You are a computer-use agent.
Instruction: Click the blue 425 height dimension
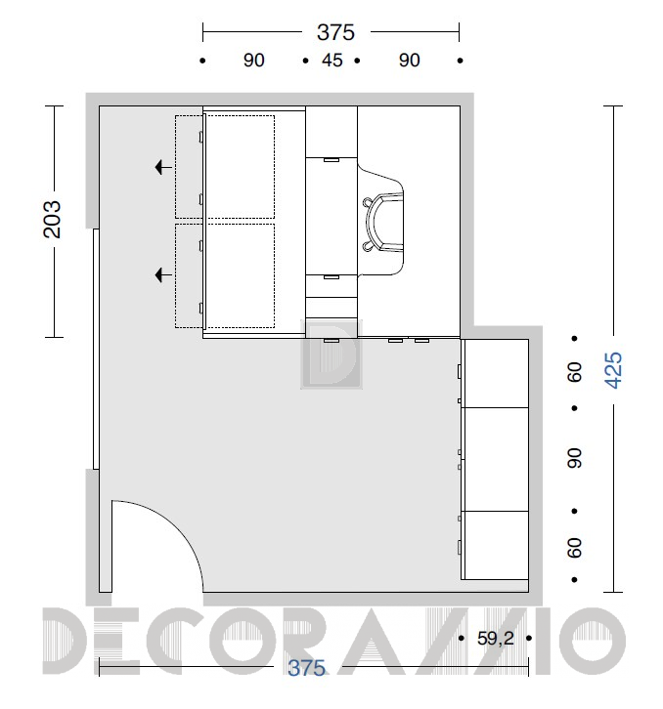coord(614,370)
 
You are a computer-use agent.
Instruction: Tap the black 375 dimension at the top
coord(335,32)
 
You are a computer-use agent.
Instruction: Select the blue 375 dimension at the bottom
coord(307,668)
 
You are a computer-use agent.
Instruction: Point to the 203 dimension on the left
coord(52,220)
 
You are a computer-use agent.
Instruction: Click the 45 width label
coord(331,61)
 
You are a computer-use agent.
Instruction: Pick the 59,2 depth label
coord(496,639)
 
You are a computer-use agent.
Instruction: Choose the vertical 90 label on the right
coord(574,458)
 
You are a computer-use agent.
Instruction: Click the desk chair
coord(382,222)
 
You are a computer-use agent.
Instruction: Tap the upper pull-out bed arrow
coord(163,167)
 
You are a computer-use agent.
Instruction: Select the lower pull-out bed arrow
coord(163,275)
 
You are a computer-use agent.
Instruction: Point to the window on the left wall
coord(96,349)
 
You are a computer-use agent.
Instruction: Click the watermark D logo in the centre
coord(331,354)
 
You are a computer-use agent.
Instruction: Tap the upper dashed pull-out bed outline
coord(225,167)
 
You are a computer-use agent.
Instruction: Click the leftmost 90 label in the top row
coord(253,61)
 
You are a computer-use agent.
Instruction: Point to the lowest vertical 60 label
coord(574,548)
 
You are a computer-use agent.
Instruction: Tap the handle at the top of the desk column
coord(331,159)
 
